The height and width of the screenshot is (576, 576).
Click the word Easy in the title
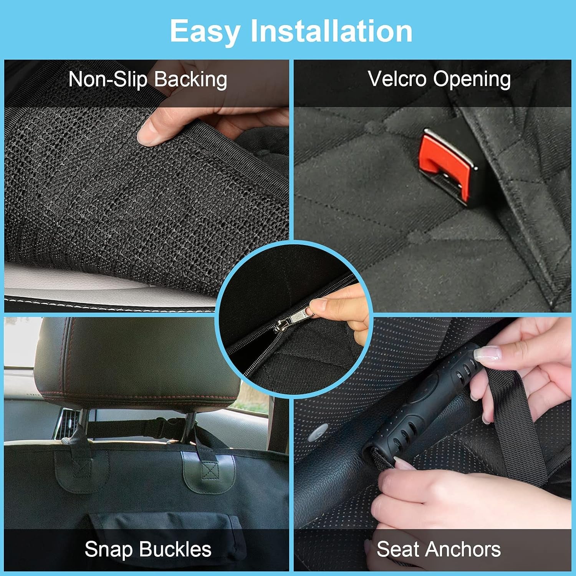(x=205, y=31)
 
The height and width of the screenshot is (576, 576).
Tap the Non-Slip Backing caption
(x=147, y=79)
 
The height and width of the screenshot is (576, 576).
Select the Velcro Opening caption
(x=439, y=79)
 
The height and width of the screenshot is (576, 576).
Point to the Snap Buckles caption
(x=148, y=549)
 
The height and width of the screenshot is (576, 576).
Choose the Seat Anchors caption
(x=439, y=549)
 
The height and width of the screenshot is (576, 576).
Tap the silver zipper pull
(x=296, y=318)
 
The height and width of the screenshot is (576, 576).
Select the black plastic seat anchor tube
(x=422, y=403)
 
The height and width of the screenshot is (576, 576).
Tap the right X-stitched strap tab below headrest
(x=209, y=472)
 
